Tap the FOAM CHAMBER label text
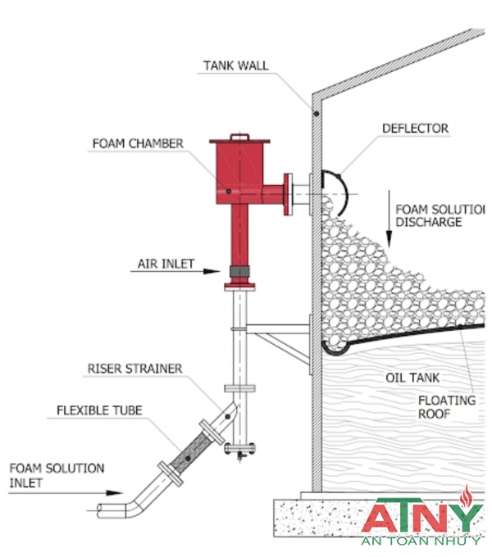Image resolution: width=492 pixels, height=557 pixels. click(x=137, y=143)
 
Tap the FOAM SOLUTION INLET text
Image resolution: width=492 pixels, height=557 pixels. click(x=57, y=476)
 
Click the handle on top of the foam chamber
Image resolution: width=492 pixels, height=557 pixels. click(x=239, y=136)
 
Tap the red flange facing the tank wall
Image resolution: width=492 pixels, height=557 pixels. click(x=287, y=193)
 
